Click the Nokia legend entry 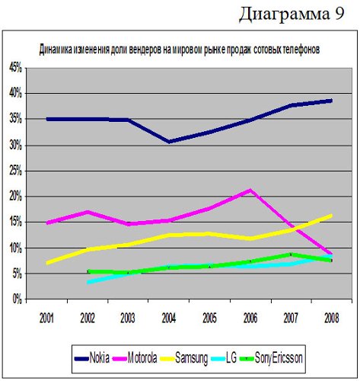[92, 358]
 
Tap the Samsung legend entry [184, 358]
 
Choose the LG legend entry [224, 358]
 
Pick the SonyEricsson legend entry [271, 358]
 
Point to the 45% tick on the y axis [16, 68]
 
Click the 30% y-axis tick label [16, 146]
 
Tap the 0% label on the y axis [18, 299]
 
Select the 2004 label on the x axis [169, 318]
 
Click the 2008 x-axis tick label [332, 318]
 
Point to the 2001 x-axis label [46, 318]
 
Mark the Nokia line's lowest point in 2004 [169, 142]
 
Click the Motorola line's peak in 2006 [250, 190]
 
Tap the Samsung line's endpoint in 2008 [331, 216]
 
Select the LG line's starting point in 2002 [88, 282]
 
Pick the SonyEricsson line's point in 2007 [291, 255]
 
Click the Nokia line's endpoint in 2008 [331, 101]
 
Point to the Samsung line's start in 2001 [48, 263]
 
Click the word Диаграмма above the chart [284, 14]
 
